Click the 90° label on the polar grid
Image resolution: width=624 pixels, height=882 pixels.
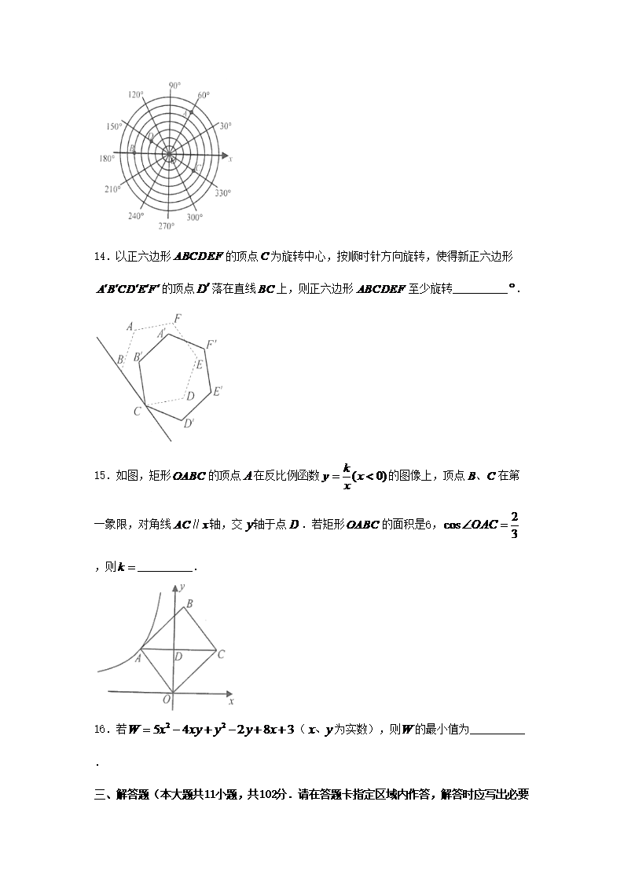pos(174,84)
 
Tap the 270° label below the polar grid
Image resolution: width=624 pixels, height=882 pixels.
pos(166,226)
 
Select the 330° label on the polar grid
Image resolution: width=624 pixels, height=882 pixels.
pos(222,192)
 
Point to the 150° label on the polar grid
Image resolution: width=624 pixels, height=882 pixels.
pos(115,126)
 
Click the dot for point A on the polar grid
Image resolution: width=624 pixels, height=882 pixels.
pos(191,112)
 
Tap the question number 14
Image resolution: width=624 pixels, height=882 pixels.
pos(100,257)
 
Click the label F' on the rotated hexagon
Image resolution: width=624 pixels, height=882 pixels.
pos(211,344)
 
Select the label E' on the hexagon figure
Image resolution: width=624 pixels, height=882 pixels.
pos(218,390)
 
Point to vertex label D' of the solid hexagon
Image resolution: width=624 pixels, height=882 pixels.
pos(189,424)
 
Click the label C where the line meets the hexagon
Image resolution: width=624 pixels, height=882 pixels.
pos(137,412)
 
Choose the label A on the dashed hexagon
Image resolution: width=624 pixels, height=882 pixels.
pos(129,326)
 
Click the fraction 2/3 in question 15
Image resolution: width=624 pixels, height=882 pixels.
pos(514,524)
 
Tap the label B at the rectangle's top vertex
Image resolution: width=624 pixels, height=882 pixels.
pos(188,604)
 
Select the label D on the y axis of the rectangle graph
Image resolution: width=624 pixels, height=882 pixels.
pos(178,656)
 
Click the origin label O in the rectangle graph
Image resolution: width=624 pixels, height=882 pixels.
pos(167,699)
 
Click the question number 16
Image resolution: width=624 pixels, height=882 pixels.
pos(100,730)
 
